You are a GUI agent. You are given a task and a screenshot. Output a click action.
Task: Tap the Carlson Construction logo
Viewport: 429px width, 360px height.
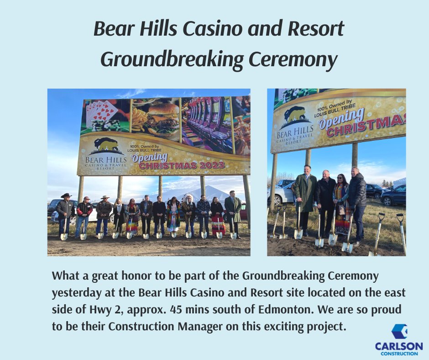pyautogui.click(x=399, y=338)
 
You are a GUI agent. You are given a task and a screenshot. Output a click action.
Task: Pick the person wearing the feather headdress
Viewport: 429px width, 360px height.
pyautogui.click(x=188, y=215)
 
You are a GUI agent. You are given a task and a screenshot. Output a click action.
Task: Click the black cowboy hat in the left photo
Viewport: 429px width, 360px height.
pyautogui.click(x=66, y=196)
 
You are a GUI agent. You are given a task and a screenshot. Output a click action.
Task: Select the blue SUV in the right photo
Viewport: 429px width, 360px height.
pyautogui.click(x=393, y=195)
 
